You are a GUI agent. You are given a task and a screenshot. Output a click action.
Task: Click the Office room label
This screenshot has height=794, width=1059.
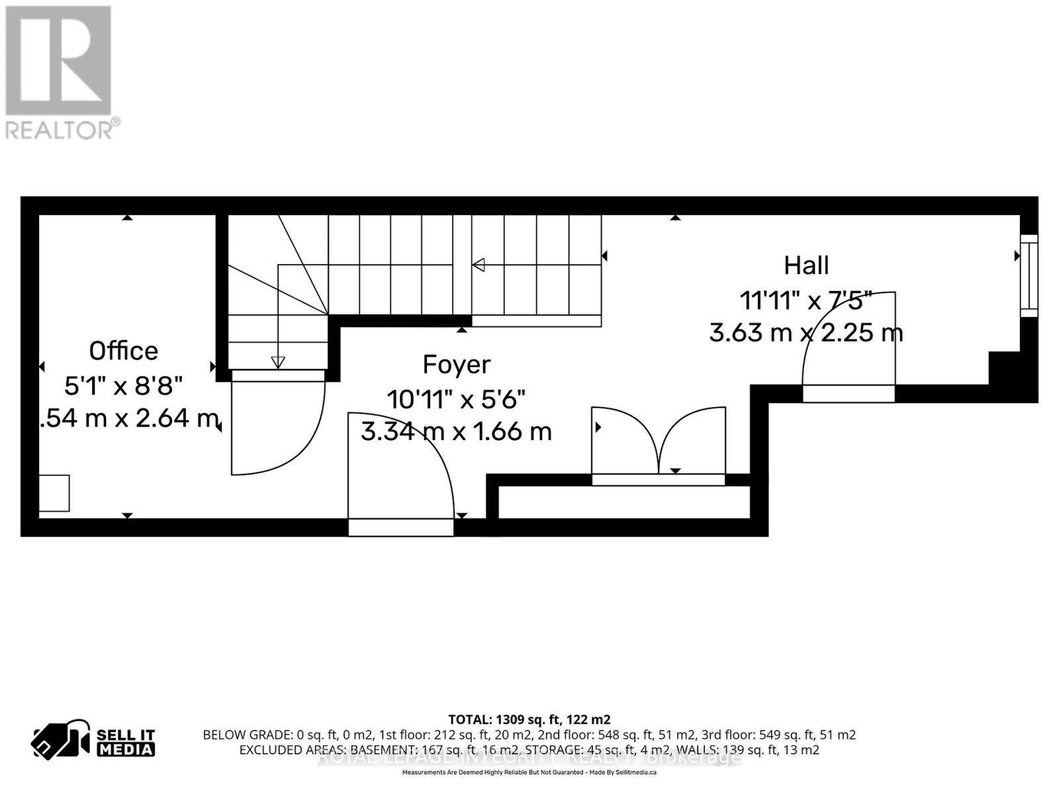point(124,351)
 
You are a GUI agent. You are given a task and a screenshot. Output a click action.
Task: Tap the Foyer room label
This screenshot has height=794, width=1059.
point(457,365)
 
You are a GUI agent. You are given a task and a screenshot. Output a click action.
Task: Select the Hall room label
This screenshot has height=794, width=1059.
point(806,266)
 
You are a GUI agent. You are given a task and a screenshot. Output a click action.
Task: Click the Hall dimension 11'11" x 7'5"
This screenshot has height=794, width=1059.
point(806,300)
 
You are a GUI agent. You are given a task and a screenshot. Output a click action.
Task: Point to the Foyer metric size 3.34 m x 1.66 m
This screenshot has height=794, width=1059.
point(457,432)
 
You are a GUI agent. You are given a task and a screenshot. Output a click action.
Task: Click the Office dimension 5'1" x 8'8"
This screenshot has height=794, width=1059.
point(124,385)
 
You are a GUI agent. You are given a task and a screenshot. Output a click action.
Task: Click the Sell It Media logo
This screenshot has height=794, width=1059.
point(94,742)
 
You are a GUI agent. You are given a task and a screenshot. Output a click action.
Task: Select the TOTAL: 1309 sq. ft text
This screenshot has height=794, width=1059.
point(529,719)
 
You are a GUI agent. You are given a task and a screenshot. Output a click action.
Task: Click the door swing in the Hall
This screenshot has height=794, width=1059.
point(849,344)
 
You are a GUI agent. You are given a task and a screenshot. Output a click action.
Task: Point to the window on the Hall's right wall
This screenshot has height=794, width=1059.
point(1029,275)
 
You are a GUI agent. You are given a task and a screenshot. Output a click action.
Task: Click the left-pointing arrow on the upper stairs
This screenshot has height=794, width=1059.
point(478,265)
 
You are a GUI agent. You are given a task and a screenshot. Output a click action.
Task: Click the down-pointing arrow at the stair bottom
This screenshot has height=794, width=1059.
point(278,362)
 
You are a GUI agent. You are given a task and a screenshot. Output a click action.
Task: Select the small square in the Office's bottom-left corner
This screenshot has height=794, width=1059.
point(54,493)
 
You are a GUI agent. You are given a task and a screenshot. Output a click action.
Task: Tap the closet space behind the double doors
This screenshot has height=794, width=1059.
point(623,502)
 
